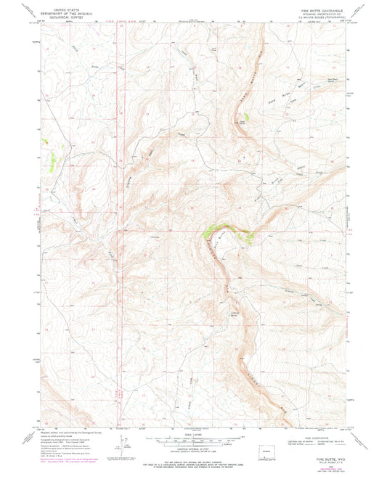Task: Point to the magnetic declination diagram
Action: [x=122, y=439]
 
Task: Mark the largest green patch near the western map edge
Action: [x=50, y=165]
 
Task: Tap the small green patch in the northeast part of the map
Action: [x=246, y=116]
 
